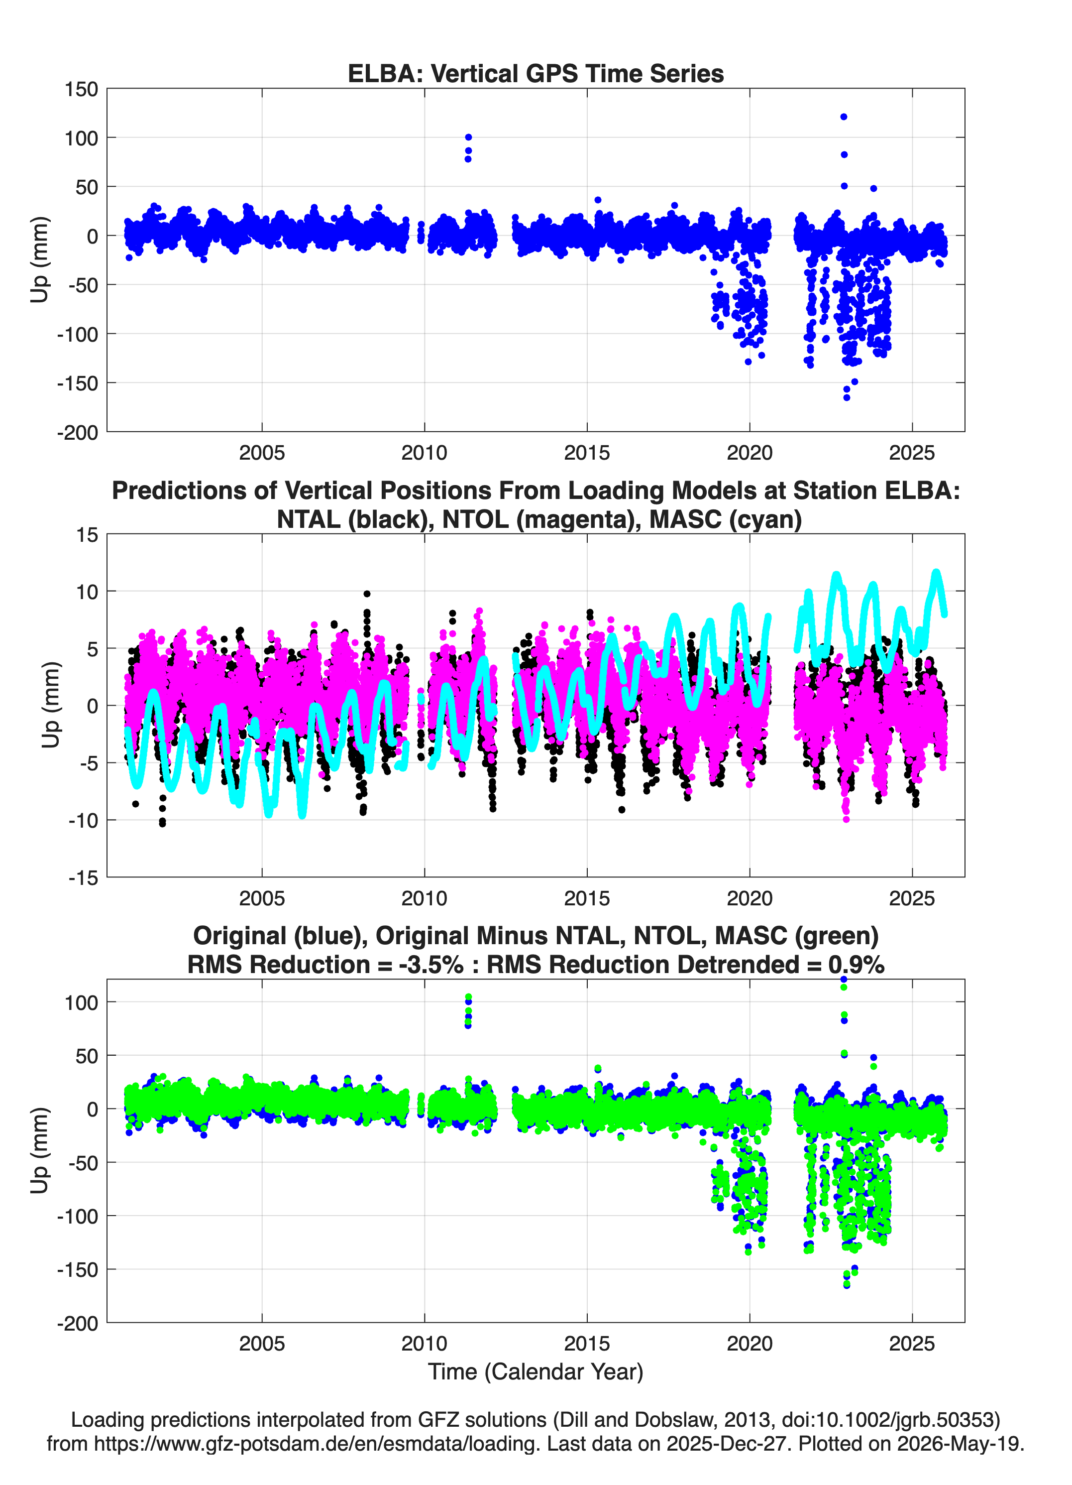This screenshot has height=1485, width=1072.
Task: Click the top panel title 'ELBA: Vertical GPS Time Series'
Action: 536,73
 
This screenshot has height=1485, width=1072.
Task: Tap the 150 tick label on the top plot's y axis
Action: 81,89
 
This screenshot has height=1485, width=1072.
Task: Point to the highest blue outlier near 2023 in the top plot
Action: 844,117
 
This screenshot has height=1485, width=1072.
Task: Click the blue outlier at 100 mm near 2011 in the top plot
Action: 468,137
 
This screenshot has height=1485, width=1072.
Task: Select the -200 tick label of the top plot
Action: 77,432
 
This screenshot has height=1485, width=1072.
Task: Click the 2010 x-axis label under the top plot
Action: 424,453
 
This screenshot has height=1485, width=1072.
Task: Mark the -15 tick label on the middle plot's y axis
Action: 83,877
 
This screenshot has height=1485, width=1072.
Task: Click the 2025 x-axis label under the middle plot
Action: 912,898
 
